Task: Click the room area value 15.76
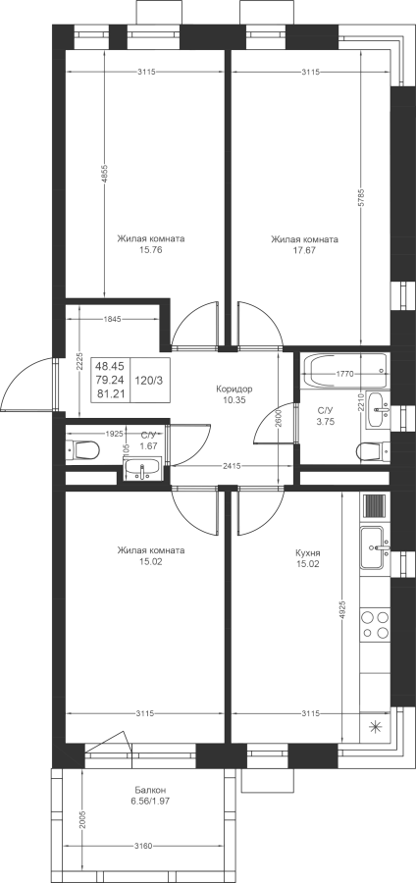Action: coord(150,250)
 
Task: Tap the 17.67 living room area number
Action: coord(304,250)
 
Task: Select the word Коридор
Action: coord(234,389)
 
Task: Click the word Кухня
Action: coord(307,552)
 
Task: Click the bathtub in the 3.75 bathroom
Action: coord(344,372)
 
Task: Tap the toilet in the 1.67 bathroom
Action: coord(82,450)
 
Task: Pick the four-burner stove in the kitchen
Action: coord(376,625)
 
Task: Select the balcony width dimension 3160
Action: coord(145,846)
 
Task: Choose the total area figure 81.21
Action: coord(111,394)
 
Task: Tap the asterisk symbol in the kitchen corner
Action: coord(375,728)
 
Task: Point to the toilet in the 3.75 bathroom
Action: coord(373,451)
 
